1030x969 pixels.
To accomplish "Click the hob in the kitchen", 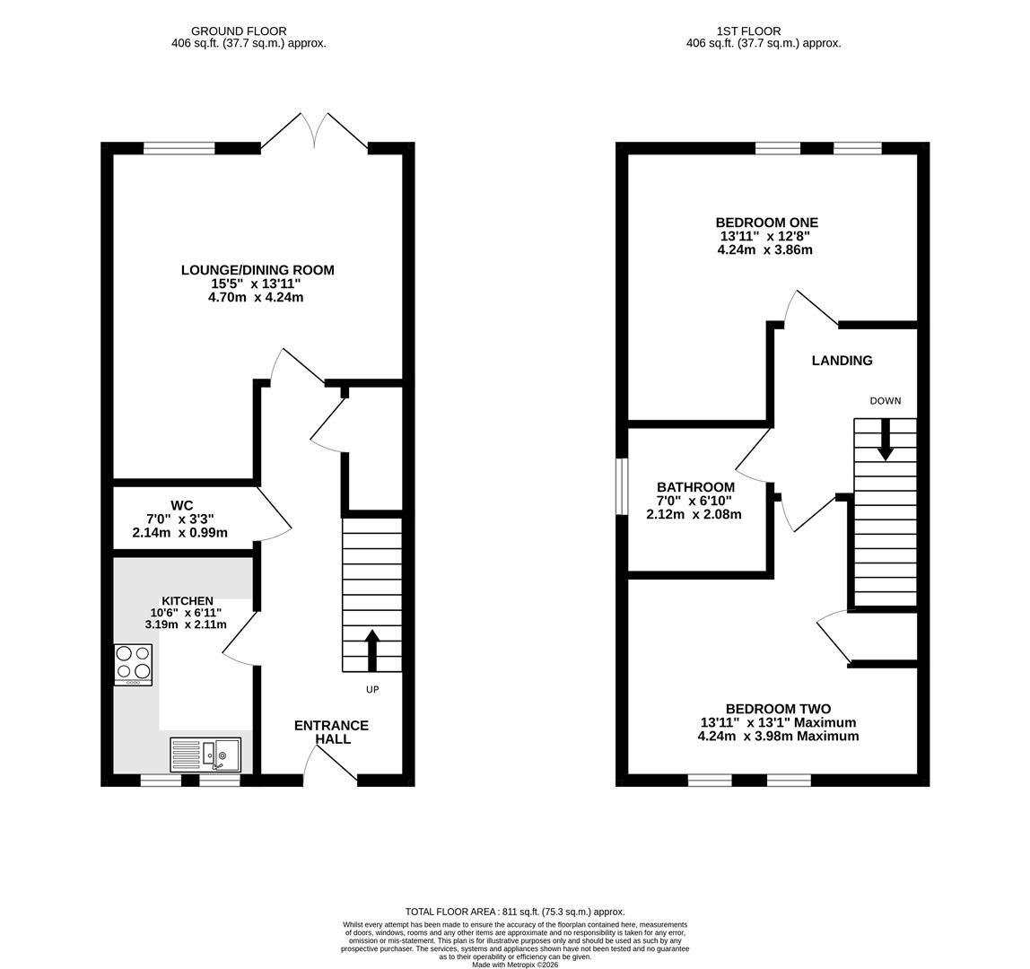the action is click(134, 665).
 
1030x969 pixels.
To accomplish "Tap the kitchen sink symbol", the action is click(206, 754).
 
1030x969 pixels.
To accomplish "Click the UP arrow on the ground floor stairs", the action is click(371, 650).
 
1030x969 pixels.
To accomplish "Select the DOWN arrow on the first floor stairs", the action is click(886, 439).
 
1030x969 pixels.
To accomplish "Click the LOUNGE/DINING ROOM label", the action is click(257, 270).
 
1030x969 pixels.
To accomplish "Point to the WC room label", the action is click(182, 505).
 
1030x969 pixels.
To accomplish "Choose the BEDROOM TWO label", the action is click(779, 709).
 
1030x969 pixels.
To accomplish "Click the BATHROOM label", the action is click(695, 487).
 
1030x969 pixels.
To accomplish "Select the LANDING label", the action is click(842, 361).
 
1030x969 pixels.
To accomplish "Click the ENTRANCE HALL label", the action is click(331, 732).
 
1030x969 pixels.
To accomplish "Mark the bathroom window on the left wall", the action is click(622, 487).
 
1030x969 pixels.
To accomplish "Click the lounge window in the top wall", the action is click(179, 148).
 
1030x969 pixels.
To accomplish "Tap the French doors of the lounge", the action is click(315, 131).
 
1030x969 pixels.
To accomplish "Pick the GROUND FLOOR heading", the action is click(239, 31).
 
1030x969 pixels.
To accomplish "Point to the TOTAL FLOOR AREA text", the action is click(515, 912).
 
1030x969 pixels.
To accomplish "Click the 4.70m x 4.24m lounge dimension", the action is click(256, 298).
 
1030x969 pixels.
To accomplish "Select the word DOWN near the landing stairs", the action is click(886, 401).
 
